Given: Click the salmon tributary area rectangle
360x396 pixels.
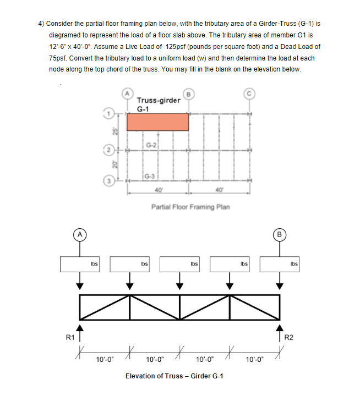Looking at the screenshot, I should tap(158, 122).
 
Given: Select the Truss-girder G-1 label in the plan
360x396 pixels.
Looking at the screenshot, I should tap(158, 104).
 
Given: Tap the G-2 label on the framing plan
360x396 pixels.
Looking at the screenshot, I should tap(152, 145).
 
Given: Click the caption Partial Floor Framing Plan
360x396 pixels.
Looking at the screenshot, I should tap(190, 207).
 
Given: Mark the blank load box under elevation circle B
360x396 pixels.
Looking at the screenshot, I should tap(280, 263).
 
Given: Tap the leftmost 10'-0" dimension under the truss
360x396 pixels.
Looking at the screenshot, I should tap(105, 360).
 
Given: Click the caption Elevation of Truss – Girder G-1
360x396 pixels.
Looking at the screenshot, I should tap(174, 376).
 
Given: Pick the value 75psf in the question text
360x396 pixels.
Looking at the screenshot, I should tap(58, 58).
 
